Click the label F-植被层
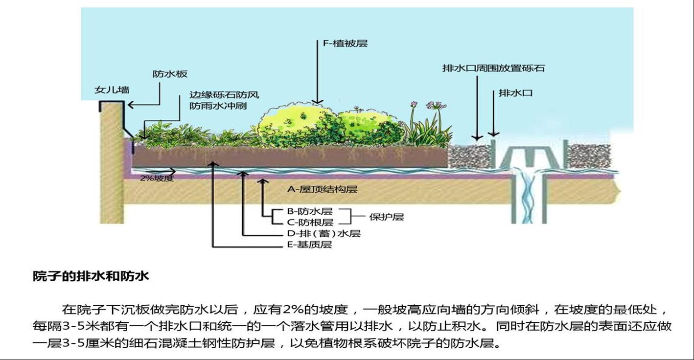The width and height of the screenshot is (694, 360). point(345,44)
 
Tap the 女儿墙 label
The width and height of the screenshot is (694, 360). point(112,90)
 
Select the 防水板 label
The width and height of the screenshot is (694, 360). point(170,74)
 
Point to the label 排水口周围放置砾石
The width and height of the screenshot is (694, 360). point(493,68)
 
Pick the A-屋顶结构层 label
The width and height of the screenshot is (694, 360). point(322,189)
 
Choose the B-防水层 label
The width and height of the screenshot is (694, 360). point(310,211)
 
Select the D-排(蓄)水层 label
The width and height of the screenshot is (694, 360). point(324,234)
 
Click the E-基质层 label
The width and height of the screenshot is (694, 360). point(309,245)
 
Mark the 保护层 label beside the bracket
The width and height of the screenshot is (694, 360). point(386,217)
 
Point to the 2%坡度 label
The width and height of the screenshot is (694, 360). point(157,178)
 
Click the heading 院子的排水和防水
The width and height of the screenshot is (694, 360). point(91,276)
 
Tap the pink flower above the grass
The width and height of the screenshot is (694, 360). point(433,105)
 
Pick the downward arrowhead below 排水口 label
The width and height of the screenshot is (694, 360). point(494,134)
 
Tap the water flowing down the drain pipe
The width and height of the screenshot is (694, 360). point(528,201)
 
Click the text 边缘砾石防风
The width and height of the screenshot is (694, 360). point(224,95)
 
